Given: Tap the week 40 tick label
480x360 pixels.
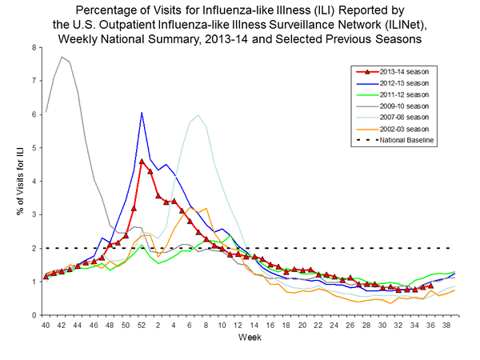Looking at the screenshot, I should [46, 326].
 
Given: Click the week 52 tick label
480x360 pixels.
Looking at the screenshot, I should [142, 326].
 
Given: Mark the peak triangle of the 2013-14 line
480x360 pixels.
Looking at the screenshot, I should [142, 162].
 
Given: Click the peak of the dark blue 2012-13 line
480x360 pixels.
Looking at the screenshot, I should [142, 113].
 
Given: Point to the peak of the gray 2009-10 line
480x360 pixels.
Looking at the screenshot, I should [62, 57].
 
